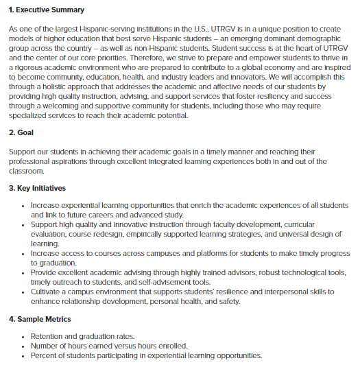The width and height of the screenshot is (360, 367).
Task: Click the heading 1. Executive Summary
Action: tap(46, 10)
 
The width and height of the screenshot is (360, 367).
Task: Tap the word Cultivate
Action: tap(49, 292)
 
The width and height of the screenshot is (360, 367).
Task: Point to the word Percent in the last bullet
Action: tap(47, 356)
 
